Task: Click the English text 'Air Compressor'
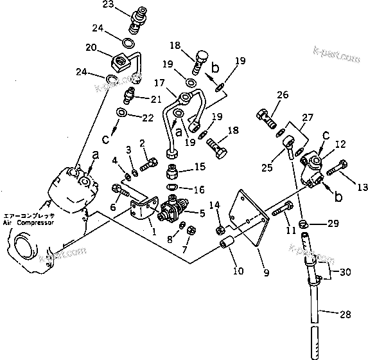coord(30,222)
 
